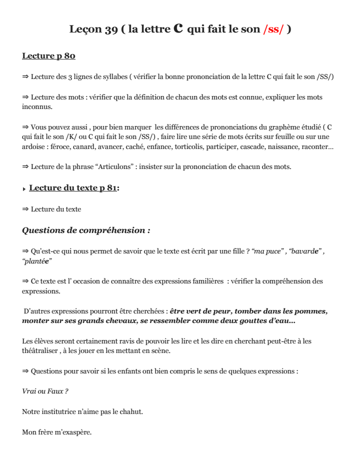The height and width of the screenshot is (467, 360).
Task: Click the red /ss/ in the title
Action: [273, 29]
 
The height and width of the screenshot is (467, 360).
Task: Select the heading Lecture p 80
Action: [48, 55]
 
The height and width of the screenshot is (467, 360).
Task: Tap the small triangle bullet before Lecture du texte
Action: [24, 189]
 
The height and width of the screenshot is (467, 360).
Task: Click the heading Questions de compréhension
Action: [86, 230]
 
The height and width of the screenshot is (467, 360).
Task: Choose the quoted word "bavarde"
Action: [305, 251]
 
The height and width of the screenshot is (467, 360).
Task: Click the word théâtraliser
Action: [40, 350]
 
